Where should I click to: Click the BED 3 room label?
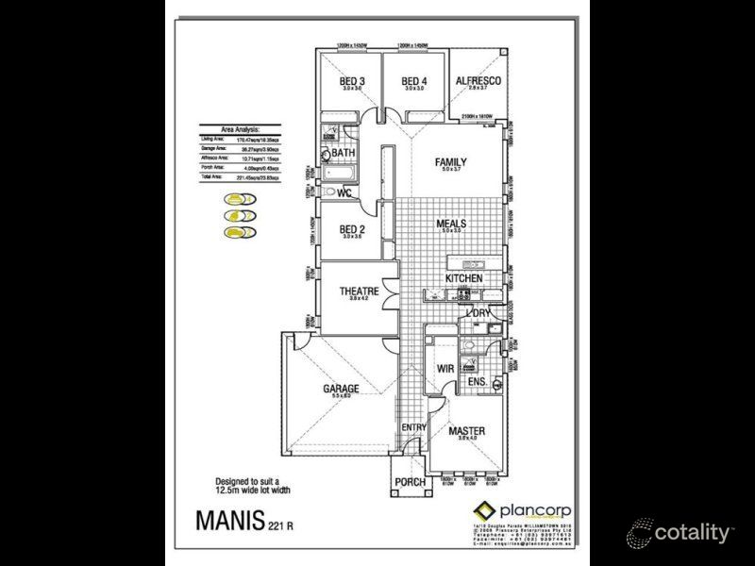(352, 81)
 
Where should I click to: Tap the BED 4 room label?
(414, 81)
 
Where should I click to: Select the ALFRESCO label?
(478, 81)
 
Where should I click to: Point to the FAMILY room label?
(450, 162)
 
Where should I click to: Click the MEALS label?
(451, 225)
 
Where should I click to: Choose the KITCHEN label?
(463, 278)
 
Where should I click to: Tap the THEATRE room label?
(359, 291)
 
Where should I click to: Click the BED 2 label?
(352, 229)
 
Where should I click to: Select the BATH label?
(343, 153)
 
